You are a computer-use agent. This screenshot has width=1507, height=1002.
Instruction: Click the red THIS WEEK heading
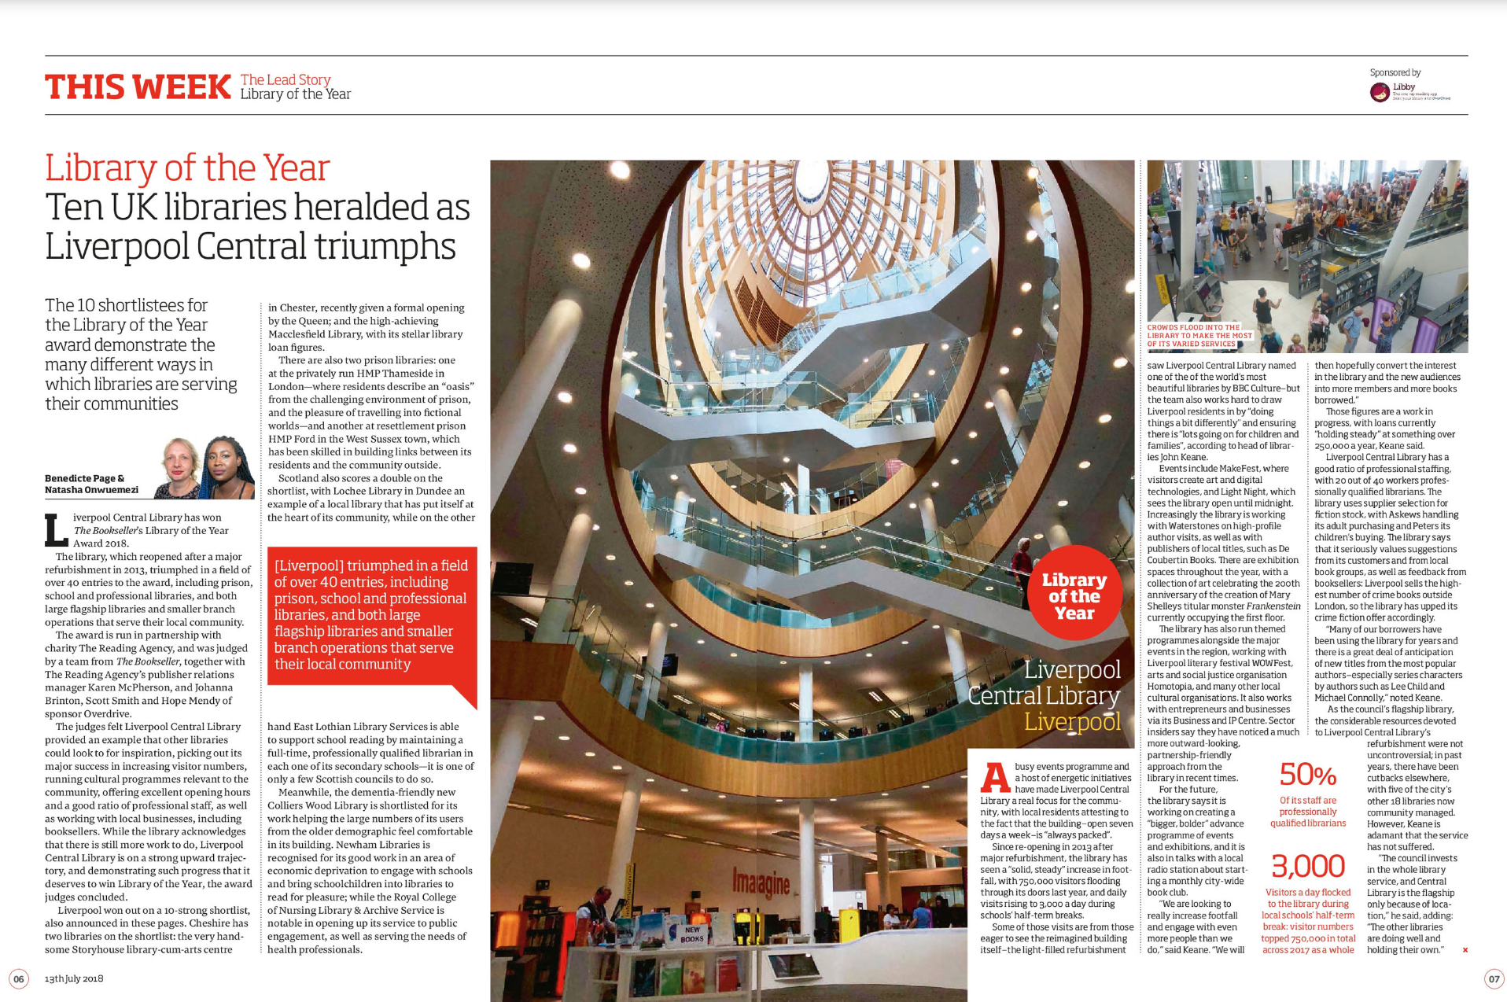tap(138, 87)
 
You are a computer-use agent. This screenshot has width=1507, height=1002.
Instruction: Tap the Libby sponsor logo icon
tap(1380, 93)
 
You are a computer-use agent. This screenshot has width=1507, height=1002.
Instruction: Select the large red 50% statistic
tap(1307, 775)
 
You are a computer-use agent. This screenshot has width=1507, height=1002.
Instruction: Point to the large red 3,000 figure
tap(1308, 867)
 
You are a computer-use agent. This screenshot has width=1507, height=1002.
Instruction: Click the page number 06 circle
tap(19, 978)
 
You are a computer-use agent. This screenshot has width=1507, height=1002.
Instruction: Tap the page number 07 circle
tap(1493, 978)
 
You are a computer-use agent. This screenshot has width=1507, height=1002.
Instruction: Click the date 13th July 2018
tap(74, 978)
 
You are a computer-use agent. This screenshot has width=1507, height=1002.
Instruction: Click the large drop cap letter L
tap(56, 530)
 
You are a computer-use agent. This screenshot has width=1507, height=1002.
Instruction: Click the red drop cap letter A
tap(995, 777)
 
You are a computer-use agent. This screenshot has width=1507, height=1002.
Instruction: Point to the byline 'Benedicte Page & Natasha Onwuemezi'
tap(91, 484)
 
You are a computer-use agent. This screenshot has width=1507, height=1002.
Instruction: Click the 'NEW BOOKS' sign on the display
tap(692, 934)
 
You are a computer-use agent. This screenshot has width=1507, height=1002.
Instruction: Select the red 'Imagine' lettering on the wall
tap(761, 883)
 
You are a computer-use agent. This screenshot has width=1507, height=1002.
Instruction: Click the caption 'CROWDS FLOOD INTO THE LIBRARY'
tap(1198, 335)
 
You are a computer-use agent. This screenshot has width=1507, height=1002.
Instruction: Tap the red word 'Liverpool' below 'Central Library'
tap(1072, 721)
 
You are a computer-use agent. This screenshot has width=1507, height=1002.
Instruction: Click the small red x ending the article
tap(1465, 950)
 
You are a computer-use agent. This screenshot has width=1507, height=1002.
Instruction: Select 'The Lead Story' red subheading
tap(286, 79)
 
